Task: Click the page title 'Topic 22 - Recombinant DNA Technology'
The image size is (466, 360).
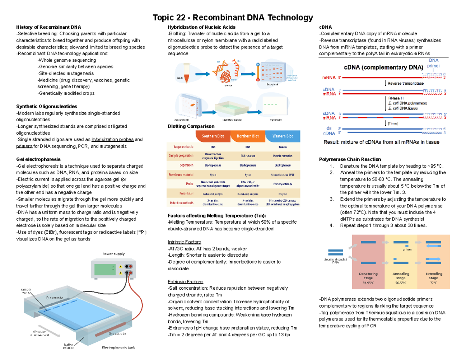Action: click(233, 17)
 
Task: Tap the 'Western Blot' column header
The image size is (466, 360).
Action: click(283, 136)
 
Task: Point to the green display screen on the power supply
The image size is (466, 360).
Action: click(105, 270)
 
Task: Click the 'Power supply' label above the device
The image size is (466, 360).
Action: click(113, 254)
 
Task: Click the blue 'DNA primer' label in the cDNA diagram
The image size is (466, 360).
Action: click(433, 63)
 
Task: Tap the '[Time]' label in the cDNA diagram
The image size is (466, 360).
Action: click(393, 123)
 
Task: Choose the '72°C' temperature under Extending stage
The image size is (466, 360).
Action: click(433, 283)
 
